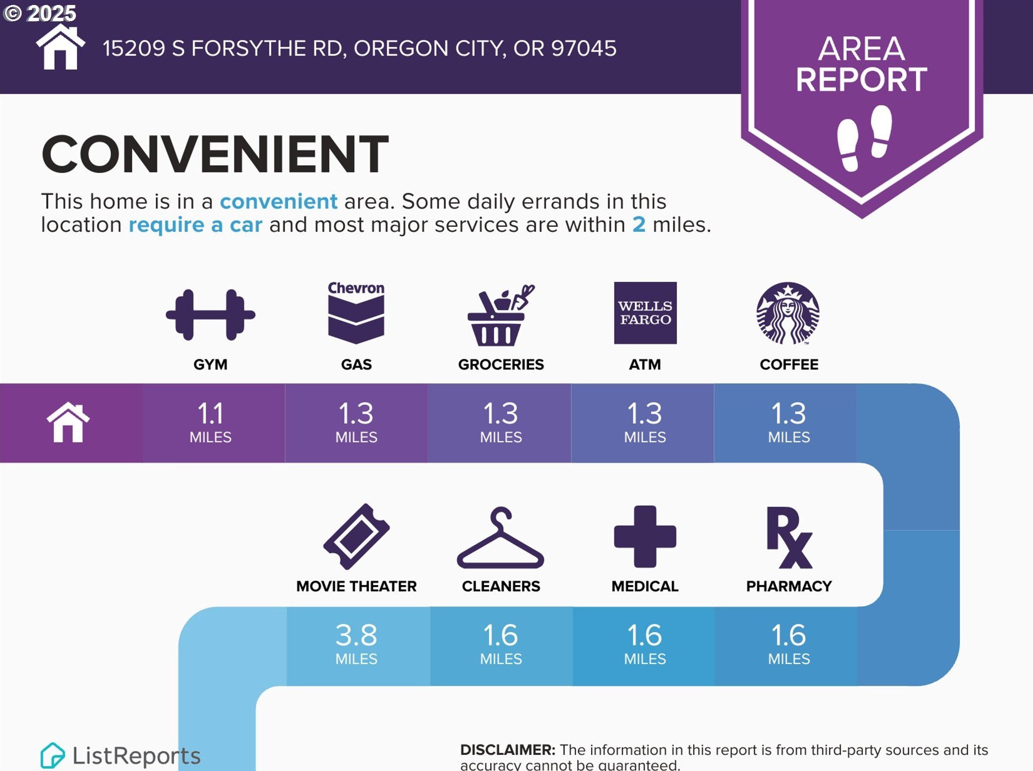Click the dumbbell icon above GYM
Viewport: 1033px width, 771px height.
[210, 315]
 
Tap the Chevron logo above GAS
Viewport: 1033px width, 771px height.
[356, 312]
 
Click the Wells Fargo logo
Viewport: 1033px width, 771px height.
[645, 313]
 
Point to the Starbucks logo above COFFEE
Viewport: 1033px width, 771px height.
[788, 313]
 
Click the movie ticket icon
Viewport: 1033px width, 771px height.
[357, 536]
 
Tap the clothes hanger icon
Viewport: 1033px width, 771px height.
[500, 538]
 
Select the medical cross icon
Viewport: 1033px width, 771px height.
[645, 536]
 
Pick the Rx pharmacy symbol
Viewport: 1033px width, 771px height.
[789, 537]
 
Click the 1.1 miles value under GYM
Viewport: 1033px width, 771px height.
[210, 423]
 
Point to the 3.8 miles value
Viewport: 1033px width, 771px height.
[357, 645]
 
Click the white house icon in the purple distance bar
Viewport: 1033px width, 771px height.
[68, 422]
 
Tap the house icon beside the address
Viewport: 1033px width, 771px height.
[60, 47]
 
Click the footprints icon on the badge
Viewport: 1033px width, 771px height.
[864, 138]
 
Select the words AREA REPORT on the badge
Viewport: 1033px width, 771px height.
[862, 64]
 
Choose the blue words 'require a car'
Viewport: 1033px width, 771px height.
[195, 225]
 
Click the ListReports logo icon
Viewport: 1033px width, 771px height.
[52, 755]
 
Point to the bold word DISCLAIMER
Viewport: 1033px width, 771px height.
[507, 750]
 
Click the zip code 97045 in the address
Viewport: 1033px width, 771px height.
[583, 48]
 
